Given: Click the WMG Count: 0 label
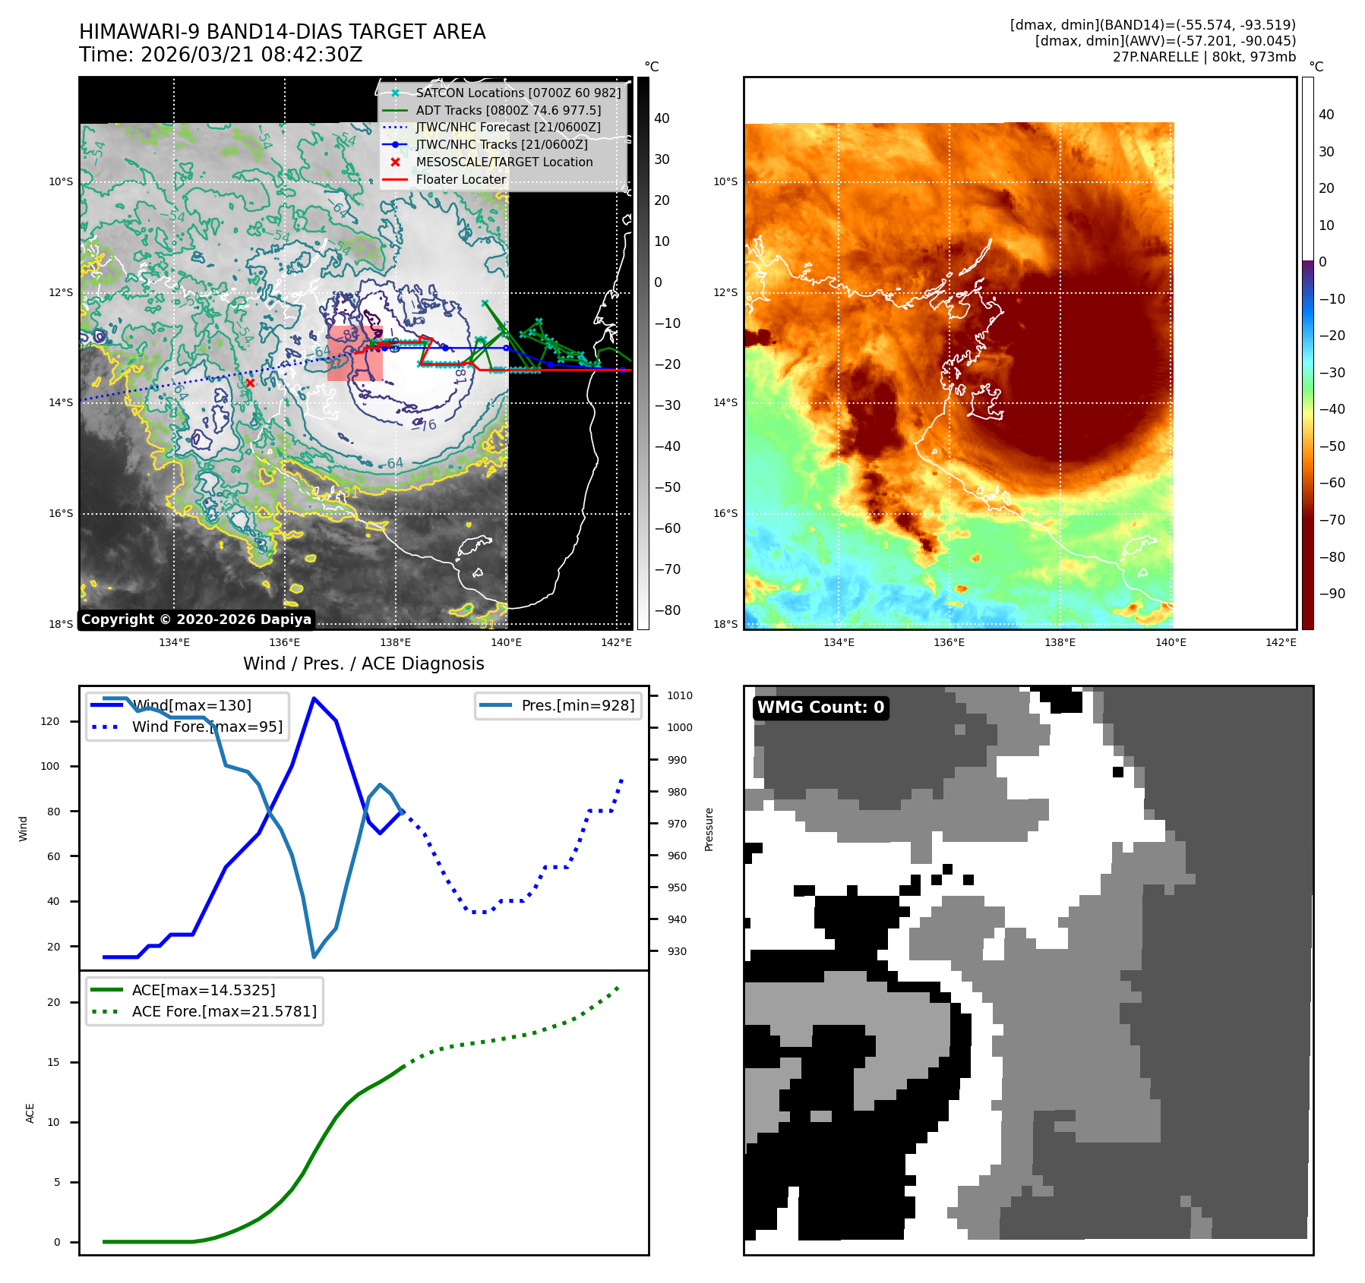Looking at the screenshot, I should pyautogui.click(x=820, y=708).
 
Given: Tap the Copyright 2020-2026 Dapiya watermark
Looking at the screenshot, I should pyautogui.click(x=196, y=619).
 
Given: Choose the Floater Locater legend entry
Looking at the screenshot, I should pyautogui.click(x=460, y=179).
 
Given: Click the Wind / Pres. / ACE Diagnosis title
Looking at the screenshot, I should pyautogui.click(x=363, y=664).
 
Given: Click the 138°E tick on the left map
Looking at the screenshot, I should pyautogui.click(x=395, y=642).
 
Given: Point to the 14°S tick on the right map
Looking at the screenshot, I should pyautogui.click(x=725, y=402).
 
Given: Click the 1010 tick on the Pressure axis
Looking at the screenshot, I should pyautogui.click(x=679, y=695).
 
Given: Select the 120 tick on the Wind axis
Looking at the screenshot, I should pyautogui.click(x=50, y=721).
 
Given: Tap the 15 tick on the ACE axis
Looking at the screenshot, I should pyautogui.click(x=53, y=1062).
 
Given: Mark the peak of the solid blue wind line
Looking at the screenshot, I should pyautogui.click(x=314, y=698).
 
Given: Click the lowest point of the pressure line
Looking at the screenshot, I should pyautogui.click(x=314, y=957).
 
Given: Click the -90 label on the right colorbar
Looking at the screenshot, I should pyautogui.click(x=1332, y=594).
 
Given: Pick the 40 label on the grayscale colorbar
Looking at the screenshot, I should pyautogui.click(x=662, y=118).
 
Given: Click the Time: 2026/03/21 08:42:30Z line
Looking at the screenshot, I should pyautogui.click(x=221, y=55).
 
